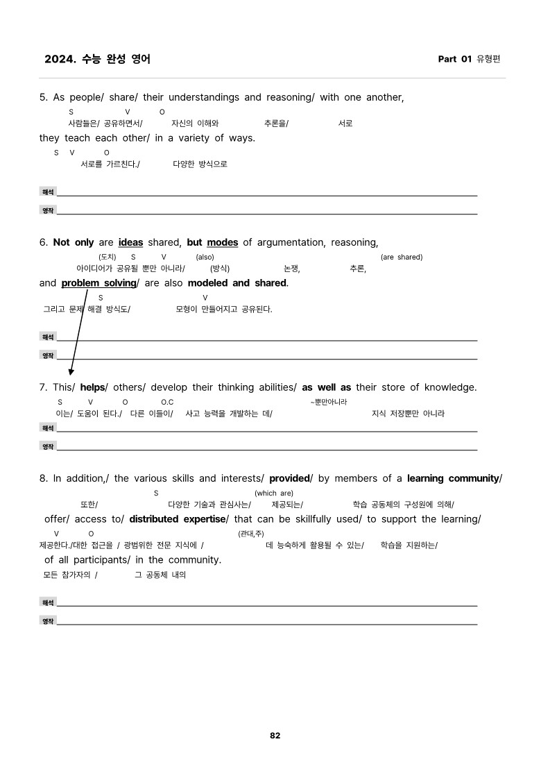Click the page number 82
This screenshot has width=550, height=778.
coord(275,736)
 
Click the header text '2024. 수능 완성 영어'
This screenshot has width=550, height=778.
coord(97,59)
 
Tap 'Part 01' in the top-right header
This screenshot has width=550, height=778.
coord(454,59)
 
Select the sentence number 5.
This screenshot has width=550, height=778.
coord(43,98)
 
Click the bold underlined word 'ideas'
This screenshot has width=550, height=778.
coord(130,243)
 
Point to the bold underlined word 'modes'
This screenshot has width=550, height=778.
coord(222,243)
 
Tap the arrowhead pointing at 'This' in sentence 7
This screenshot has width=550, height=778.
coord(71,371)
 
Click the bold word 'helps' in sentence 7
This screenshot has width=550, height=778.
coord(92,387)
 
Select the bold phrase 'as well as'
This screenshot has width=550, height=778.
coord(327,387)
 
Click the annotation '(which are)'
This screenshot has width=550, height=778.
coord(274,493)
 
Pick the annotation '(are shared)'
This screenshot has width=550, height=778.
coord(402,257)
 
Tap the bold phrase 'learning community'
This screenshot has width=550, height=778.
coord(453,479)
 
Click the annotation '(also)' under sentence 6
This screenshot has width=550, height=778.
coord(205,257)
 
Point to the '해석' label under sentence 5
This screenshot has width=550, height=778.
coord(48,192)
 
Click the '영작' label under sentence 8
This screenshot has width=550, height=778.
coord(48,621)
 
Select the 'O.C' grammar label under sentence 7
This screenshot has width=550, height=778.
coord(167,403)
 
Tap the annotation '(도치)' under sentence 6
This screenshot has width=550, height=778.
coord(107,257)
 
